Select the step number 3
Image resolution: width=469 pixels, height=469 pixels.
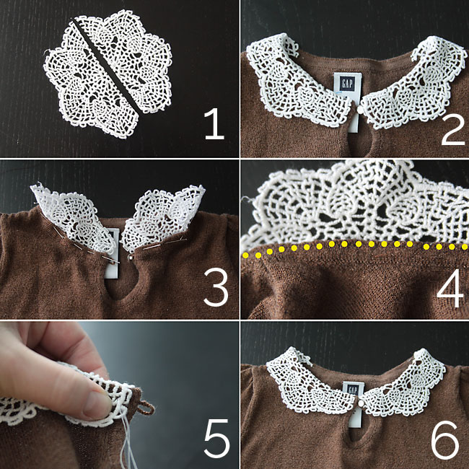tap(214, 286)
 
